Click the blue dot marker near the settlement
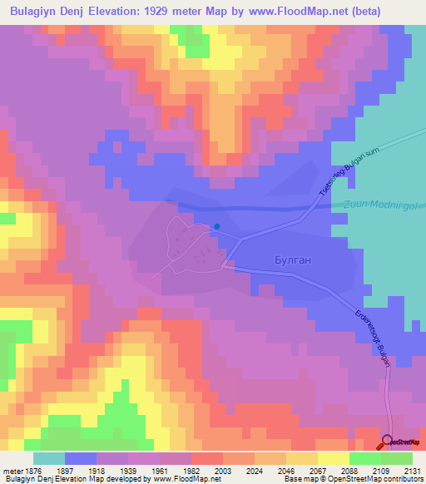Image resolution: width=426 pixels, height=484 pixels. [x=217, y=226]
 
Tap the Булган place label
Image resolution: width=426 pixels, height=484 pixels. [x=293, y=260]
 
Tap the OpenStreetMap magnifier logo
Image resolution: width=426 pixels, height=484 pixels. [x=388, y=442]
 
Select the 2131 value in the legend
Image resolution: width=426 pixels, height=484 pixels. [x=403, y=471]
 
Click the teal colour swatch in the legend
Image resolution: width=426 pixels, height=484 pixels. [x=49, y=458]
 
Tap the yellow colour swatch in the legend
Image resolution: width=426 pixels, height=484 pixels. [x=334, y=458]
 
